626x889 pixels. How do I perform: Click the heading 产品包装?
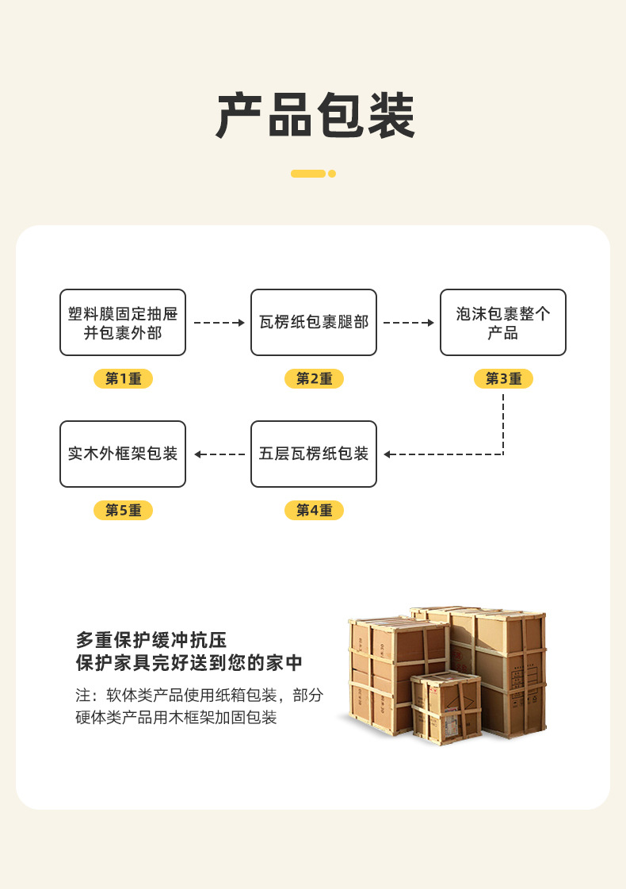(x=315, y=117)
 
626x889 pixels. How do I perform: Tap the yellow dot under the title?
(x=332, y=174)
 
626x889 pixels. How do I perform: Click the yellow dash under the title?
(x=308, y=174)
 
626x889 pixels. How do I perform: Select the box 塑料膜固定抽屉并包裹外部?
(x=123, y=323)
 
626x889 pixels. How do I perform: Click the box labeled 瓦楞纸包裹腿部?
(x=314, y=323)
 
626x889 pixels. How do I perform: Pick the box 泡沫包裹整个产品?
(x=503, y=323)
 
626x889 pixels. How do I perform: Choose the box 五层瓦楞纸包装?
(x=314, y=454)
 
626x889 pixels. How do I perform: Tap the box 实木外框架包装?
(x=123, y=454)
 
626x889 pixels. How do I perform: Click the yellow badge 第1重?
(x=123, y=379)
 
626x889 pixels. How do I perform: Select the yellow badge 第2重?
(x=314, y=379)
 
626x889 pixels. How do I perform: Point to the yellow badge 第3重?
(x=503, y=379)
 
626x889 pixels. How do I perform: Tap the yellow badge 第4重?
(x=314, y=511)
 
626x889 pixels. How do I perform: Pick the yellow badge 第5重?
(x=123, y=511)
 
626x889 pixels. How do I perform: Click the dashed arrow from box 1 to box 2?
(x=219, y=323)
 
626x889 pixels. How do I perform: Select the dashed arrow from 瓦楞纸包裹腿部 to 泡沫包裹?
(x=408, y=323)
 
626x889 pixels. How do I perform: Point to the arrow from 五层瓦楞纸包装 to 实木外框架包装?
(x=219, y=454)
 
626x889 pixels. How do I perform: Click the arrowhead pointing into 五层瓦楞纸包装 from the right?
(x=387, y=454)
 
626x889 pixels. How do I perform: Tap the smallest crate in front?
(x=446, y=707)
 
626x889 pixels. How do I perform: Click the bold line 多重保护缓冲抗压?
(x=151, y=640)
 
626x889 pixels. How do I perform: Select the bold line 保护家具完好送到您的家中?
(x=189, y=663)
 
